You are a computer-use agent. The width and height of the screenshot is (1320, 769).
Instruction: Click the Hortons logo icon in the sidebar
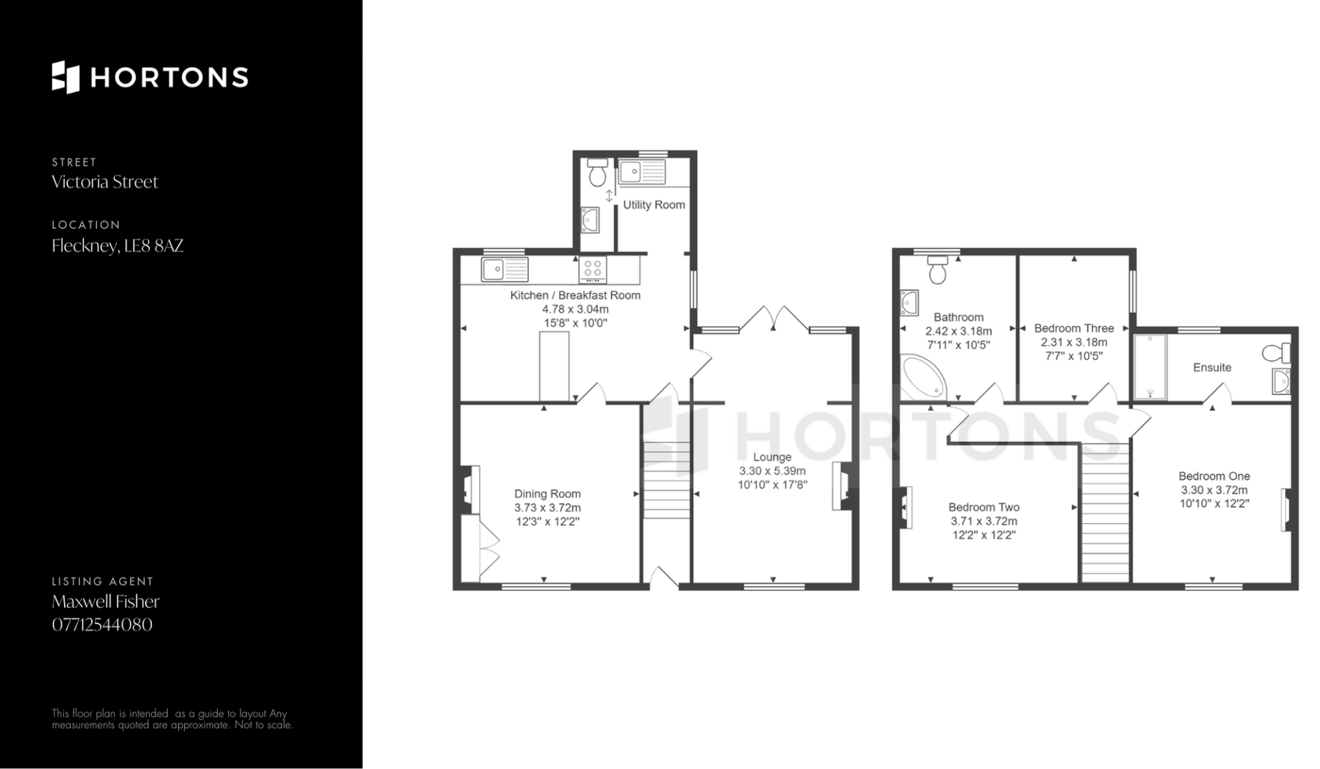[x=66, y=77]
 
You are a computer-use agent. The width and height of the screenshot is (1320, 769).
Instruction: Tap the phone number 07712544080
[x=102, y=625]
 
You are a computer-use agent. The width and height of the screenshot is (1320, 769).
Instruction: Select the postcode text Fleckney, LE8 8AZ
[x=118, y=246]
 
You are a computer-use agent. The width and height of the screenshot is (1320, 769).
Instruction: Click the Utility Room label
[x=654, y=205]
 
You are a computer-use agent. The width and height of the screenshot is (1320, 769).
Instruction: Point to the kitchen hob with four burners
[x=593, y=269]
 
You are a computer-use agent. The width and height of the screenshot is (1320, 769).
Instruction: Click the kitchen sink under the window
[x=505, y=269]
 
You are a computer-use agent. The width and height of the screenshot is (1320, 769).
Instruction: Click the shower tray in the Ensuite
[x=1150, y=367]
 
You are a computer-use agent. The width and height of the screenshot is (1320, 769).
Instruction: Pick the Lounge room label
[x=772, y=457]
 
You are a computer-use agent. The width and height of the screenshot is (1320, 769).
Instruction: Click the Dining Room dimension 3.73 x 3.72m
[x=548, y=508]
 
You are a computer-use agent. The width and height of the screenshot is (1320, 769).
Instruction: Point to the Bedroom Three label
[x=1074, y=328]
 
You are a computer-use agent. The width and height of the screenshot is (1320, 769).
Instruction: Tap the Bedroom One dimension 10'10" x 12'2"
[x=1214, y=503]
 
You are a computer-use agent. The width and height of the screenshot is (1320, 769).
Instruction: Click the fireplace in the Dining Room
[x=470, y=489]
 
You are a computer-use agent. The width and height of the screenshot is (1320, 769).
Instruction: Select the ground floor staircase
[x=666, y=480]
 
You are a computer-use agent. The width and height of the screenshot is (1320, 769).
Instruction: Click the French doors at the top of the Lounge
[x=774, y=320]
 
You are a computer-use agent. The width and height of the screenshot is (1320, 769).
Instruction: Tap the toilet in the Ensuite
[x=1277, y=353]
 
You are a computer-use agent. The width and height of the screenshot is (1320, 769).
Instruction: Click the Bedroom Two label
[x=984, y=507]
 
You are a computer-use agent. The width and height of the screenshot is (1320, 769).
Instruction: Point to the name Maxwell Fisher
[x=106, y=602]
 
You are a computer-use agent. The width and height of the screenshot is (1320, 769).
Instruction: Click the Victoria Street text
[x=105, y=182]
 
